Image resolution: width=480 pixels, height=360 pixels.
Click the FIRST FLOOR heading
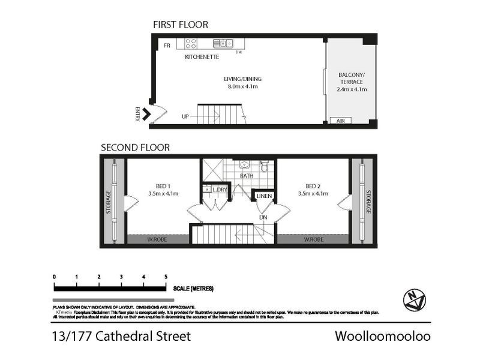click(181, 25)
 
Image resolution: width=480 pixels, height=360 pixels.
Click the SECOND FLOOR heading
click(135, 147)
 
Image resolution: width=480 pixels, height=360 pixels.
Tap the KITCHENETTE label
click(202, 57)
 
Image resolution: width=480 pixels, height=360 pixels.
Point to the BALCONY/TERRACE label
click(352, 78)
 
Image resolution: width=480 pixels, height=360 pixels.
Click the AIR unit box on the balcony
click(340, 121)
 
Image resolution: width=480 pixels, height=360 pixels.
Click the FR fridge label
click(167, 45)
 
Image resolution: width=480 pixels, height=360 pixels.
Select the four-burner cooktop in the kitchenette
click(191, 43)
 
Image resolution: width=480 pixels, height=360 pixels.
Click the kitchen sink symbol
click(226, 43)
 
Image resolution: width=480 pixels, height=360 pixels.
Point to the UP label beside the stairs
click(185, 116)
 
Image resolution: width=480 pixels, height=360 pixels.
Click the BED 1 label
click(162, 185)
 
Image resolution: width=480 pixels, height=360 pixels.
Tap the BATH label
click(247, 176)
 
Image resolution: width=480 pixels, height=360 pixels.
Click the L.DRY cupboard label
click(220, 190)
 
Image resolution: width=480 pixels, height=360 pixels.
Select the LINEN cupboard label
click(264, 196)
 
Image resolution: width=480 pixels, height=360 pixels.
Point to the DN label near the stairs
click(263, 217)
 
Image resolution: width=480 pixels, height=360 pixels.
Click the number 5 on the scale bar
click(166, 277)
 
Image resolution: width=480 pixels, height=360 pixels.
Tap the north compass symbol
click(414, 298)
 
